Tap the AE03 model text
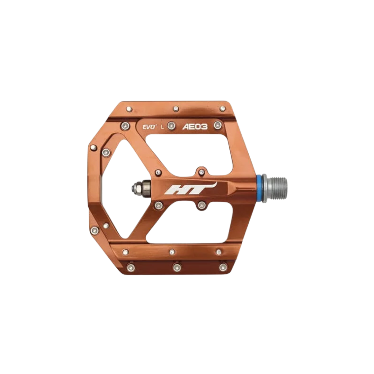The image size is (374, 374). [195, 126]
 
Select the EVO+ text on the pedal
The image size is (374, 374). [149, 127]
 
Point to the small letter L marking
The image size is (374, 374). [162, 127]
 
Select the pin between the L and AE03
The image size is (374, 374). [171, 125]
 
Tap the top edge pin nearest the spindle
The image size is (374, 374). [222, 109]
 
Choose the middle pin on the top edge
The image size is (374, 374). [176, 109]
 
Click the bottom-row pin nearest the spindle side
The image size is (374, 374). [223, 267]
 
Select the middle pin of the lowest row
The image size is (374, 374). [177, 267]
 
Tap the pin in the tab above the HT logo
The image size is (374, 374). [201, 172]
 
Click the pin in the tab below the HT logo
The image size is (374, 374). [201, 205]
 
